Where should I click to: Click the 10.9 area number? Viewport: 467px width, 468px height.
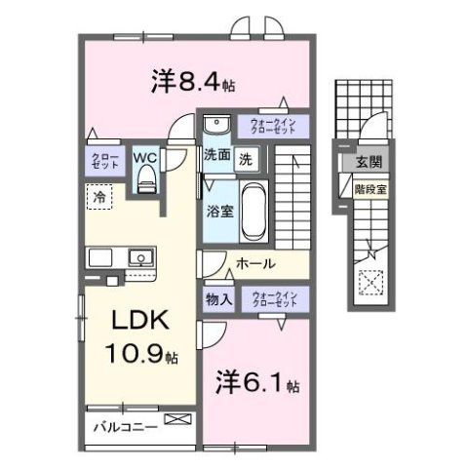(134, 356)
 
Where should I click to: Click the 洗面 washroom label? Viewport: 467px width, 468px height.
(216, 155)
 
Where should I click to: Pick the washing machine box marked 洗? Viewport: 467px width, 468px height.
(248, 156)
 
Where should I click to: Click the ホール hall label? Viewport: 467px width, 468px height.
(255, 263)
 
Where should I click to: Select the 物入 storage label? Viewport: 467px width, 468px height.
(219, 299)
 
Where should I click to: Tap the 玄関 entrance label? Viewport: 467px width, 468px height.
(369, 162)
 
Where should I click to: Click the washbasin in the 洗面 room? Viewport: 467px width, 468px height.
(216, 124)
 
